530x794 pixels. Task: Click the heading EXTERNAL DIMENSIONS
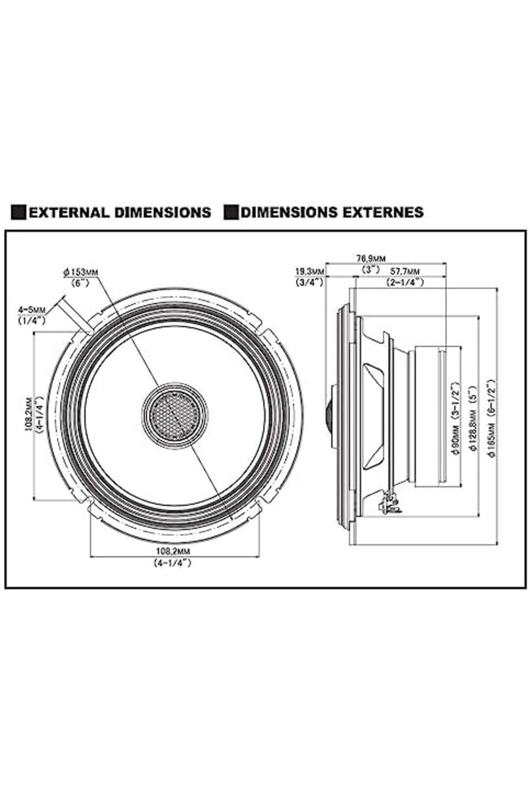click(120, 212)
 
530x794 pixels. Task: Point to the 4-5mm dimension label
click(31, 310)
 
